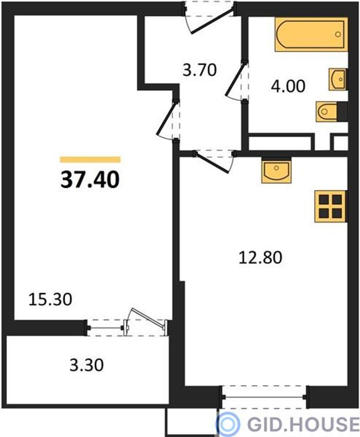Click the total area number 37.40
[x=90, y=180]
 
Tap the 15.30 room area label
[x=50, y=299]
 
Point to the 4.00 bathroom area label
[x=288, y=86]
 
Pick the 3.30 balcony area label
[x=86, y=365]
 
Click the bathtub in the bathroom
[x=311, y=34]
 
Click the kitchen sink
[x=276, y=170]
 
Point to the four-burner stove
[x=331, y=206]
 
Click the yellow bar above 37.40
[x=90, y=160]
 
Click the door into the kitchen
[x=214, y=161]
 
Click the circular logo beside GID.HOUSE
[x=228, y=424]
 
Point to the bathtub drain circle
[x=338, y=34]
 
